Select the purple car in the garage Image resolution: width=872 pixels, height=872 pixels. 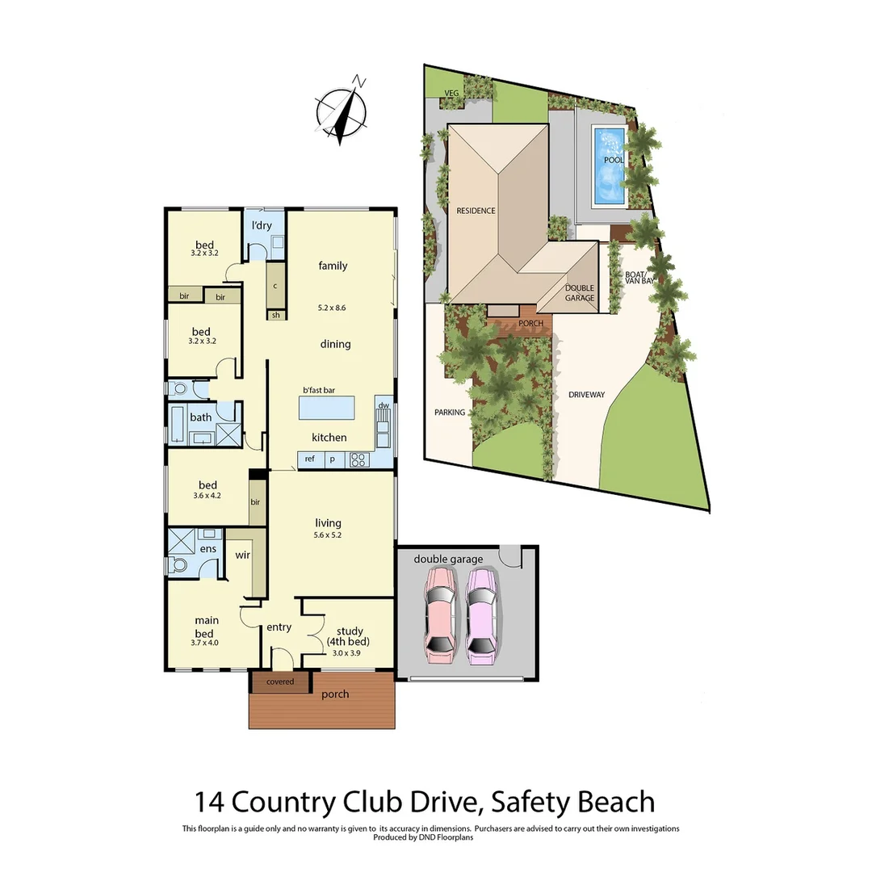(x=481, y=615)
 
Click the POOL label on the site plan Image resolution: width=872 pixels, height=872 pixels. (x=614, y=160)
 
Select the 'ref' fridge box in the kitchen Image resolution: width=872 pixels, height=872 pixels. (x=308, y=459)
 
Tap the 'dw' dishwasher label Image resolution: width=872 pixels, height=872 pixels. (x=384, y=405)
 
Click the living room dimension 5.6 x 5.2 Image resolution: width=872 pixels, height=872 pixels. (x=329, y=535)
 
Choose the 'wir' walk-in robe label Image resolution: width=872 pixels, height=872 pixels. (x=242, y=555)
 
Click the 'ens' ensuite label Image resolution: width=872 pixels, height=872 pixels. (x=208, y=549)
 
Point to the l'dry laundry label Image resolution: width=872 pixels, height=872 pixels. (x=262, y=225)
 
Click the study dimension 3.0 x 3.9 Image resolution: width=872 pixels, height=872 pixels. (x=347, y=653)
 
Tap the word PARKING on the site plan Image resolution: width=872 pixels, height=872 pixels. (x=450, y=413)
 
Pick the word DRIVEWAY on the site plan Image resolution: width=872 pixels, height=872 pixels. (x=586, y=395)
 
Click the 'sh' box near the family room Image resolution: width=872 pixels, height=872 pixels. (x=275, y=315)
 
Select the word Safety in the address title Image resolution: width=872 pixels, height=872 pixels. (x=523, y=802)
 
